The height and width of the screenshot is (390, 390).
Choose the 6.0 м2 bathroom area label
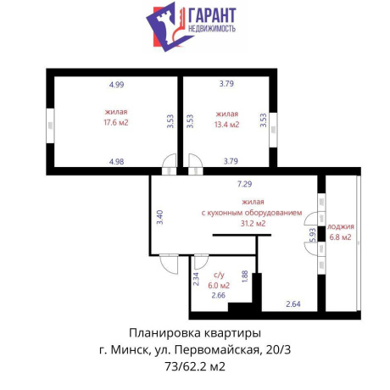[220, 285]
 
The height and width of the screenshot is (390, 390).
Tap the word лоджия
[341, 226]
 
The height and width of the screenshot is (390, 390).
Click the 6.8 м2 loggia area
[341, 237]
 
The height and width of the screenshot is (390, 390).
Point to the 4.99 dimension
[116, 84]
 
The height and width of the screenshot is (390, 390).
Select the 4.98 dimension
[116, 161]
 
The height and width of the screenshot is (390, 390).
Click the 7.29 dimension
[245, 183]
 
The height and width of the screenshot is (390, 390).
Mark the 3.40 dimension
[159, 216]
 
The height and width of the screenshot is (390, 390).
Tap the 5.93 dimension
[313, 237]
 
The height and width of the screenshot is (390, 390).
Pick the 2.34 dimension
[197, 280]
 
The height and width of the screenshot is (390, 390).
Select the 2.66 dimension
[219, 295]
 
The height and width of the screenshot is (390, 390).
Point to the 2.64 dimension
[293, 304]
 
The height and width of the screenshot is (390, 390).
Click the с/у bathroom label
[219, 275]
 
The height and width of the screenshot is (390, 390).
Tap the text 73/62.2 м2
[194, 365]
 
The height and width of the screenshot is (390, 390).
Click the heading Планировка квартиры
[194, 331]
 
